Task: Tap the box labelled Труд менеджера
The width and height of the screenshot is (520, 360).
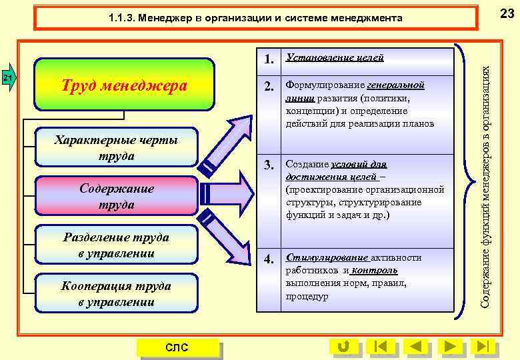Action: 125,85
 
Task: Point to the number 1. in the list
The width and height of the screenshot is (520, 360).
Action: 269,59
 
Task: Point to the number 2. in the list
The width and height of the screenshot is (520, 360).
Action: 269,87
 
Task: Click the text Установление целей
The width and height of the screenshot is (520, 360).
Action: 334,58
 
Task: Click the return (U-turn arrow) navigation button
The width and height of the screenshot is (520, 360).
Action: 344,347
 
